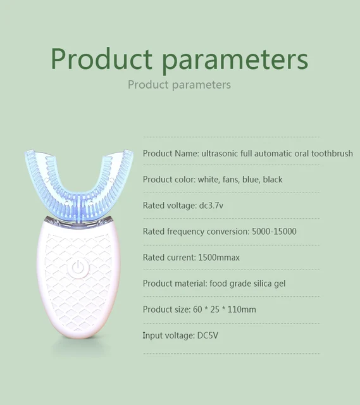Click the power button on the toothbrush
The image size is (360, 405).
click(77, 268)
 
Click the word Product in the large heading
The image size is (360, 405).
click(101, 59)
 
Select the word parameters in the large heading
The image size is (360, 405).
click(235, 59)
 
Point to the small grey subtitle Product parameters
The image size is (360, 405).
click(179, 85)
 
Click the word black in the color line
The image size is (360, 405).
click(273, 180)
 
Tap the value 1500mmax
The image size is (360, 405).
click(219, 258)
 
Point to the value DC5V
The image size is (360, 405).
click(209, 335)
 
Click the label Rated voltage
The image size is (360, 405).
click(168, 206)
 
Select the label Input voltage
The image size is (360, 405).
click(166, 335)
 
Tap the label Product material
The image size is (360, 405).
click(171, 283)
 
